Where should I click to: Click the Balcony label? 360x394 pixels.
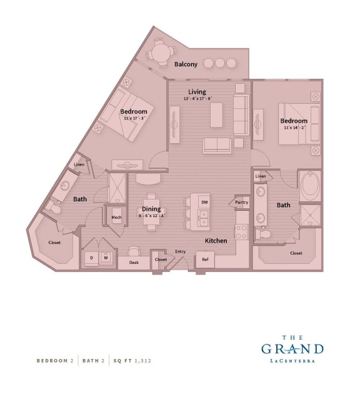186,64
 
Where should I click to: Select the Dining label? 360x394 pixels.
151,209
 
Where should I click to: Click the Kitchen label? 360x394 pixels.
216,240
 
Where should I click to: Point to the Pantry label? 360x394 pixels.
241,202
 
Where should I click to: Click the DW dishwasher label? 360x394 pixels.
204,202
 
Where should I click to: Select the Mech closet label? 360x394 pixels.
116,218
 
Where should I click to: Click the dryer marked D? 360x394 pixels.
91,257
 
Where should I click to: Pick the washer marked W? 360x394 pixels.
106,257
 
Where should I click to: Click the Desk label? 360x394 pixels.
134,263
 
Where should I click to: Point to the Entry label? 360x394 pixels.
180,251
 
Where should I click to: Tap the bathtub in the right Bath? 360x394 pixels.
310,186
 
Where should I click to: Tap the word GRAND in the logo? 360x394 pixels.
292,348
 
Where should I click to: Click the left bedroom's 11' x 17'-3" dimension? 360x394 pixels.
134,118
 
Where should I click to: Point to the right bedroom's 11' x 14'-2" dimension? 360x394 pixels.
294,128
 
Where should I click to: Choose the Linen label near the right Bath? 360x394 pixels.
261,176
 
